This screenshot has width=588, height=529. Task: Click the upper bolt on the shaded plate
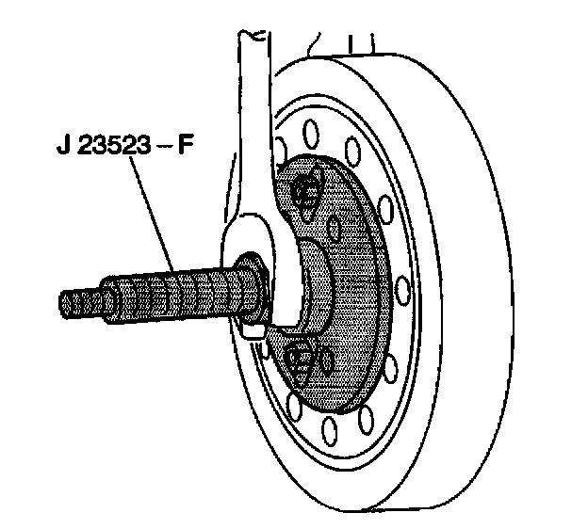click(x=306, y=194)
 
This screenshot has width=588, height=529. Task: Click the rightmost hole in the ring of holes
click(x=402, y=281)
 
